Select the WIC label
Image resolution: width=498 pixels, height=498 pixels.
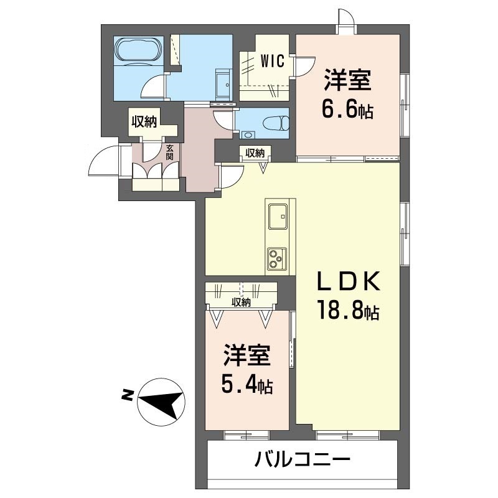(x=272, y=61)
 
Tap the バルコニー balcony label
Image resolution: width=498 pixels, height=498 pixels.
(x=303, y=461)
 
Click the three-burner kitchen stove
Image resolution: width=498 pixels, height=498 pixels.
(x=275, y=256)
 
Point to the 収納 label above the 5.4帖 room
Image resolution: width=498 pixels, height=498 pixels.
(x=242, y=303)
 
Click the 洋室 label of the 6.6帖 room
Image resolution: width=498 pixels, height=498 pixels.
(x=347, y=81)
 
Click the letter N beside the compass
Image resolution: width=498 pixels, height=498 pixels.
(x=127, y=393)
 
